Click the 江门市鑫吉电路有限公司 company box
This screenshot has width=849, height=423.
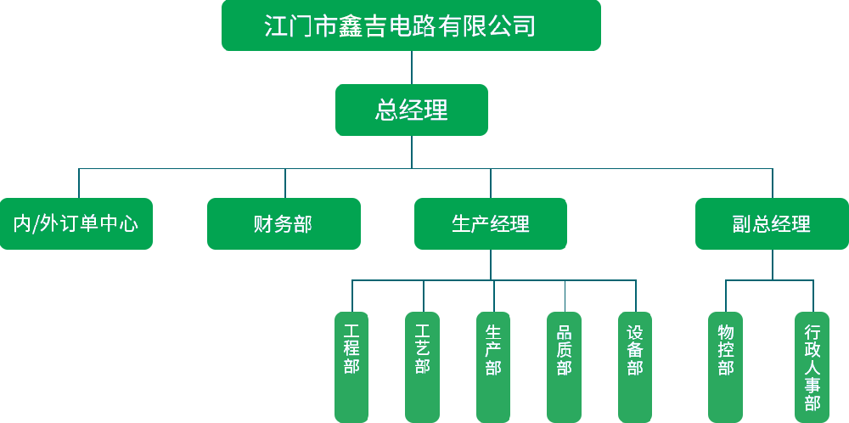click(411, 25)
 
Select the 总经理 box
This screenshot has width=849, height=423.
click(411, 110)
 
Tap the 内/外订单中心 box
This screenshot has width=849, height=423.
click(76, 223)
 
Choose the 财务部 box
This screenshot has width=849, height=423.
click(284, 223)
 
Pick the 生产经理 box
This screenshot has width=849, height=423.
click(490, 223)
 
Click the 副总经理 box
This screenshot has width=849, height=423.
click(772, 223)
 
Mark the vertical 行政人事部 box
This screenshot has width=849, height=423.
click(812, 366)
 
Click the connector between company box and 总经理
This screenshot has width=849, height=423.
click(412, 67)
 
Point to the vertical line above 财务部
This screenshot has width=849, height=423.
click(285, 183)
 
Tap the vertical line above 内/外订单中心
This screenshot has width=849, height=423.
click(79, 183)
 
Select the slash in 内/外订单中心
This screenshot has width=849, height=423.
click(37, 224)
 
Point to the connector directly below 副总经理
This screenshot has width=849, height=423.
click(773, 264)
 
